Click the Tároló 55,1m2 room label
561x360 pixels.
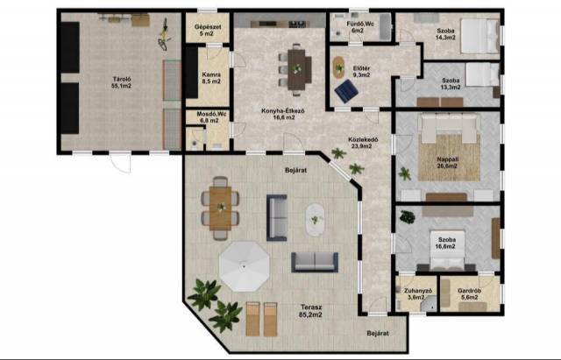click(x=122, y=82)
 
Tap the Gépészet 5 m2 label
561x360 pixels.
click(x=208, y=30)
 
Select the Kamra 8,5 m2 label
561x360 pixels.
click(x=211, y=78)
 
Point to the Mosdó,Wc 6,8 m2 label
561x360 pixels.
click(x=209, y=117)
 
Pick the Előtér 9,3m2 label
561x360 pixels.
click(x=361, y=72)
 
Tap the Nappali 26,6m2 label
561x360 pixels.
click(x=448, y=162)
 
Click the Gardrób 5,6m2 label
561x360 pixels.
click(x=470, y=293)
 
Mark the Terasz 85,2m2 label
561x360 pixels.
click(x=311, y=311)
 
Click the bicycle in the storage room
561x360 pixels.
click(x=164, y=34)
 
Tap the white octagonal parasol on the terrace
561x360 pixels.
click(x=244, y=266)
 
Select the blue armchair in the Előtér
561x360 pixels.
click(x=346, y=91)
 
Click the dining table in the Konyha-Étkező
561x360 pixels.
click(x=296, y=69)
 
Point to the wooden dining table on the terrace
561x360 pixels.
click(x=220, y=208)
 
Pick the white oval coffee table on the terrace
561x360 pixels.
click(x=315, y=220)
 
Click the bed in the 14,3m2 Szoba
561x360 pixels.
click(x=479, y=36)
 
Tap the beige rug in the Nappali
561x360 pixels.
click(x=450, y=158)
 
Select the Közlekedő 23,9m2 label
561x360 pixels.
click(x=363, y=143)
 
